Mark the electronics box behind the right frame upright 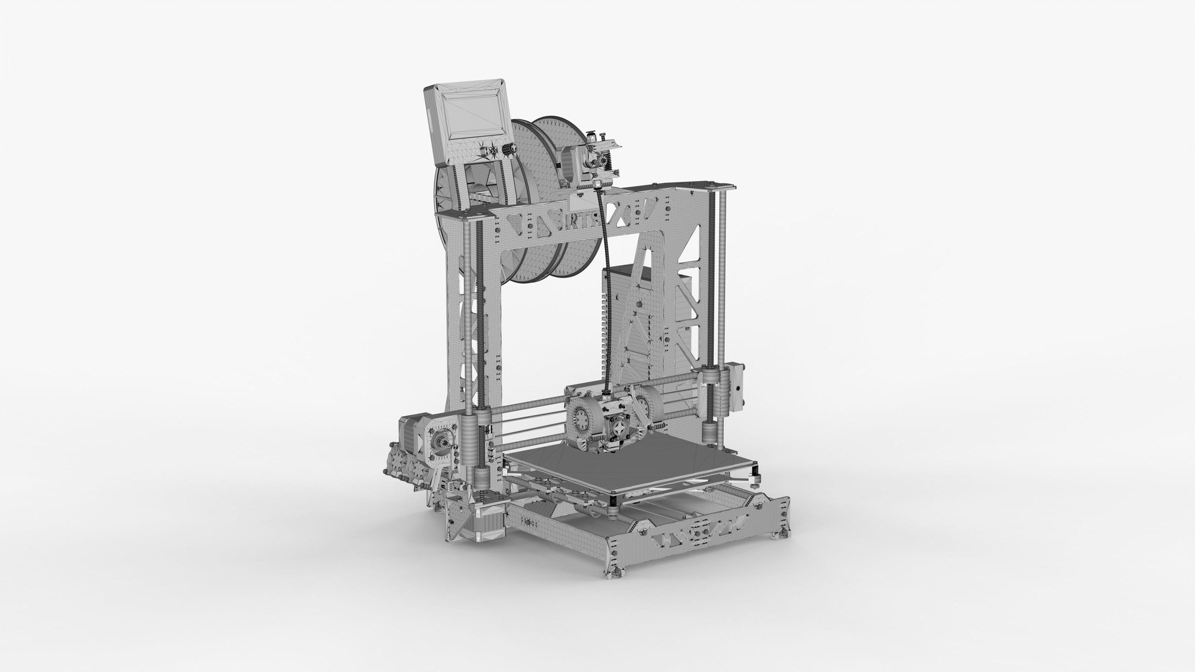(622, 324)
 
